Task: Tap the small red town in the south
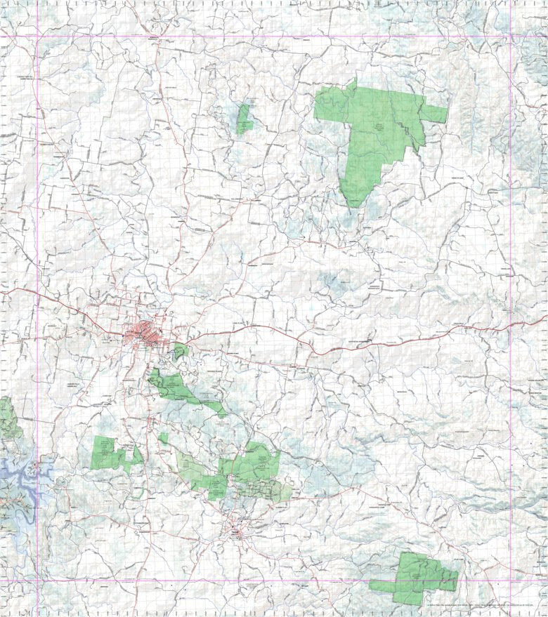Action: point(238,533)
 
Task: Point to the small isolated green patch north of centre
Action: point(244,118)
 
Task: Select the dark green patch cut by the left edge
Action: point(7,418)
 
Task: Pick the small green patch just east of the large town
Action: point(181,350)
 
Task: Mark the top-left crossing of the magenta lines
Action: point(37,37)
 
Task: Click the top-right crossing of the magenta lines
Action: point(511,37)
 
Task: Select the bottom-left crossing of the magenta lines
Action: point(37,580)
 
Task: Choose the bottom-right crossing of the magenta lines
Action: point(511,580)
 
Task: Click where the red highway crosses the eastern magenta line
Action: point(511,325)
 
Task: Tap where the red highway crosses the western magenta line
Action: point(37,300)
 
